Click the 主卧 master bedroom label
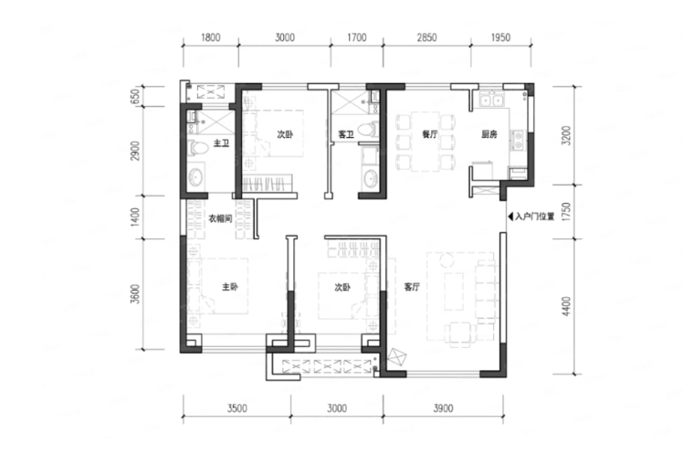click(230, 287)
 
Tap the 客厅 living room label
click(412, 287)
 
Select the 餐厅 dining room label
click(429, 134)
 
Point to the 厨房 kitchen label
click(489, 134)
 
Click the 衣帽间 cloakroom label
click(220, 218)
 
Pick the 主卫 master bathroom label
click(221, 143)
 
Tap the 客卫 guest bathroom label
click(346, 134)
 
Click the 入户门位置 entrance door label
click(534, 217)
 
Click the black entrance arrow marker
click(510, 217)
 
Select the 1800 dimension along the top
click(210, 37)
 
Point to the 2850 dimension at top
click(426, 37)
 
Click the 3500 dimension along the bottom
click(237, 407)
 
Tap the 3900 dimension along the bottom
click(443, 407)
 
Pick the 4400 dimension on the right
click(566, 306)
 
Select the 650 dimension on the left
click(135, 96)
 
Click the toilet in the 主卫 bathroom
click(198, 147)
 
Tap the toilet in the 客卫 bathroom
click(368, 130)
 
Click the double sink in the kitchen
click(492, 101)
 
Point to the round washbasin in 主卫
click(194, 178)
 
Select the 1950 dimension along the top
click(500, 37)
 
